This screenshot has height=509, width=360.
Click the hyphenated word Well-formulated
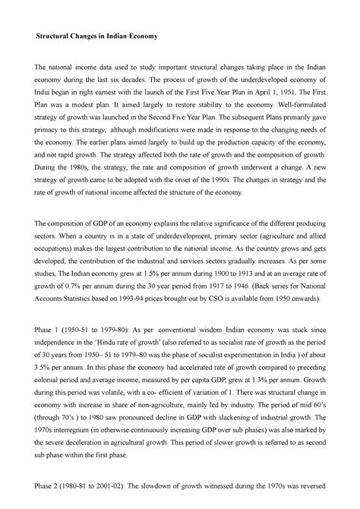tap(296, 108)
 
